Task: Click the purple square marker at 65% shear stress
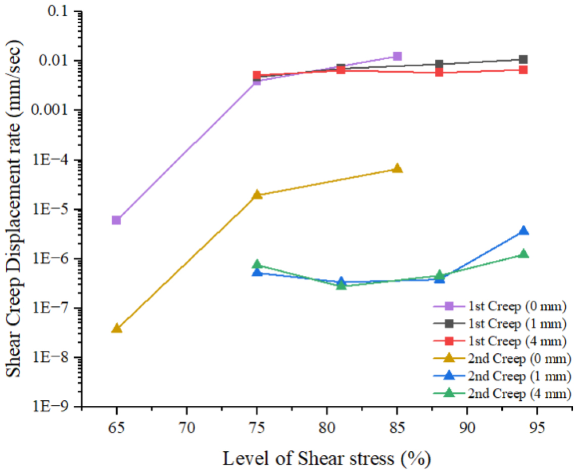click(x=116, y=220)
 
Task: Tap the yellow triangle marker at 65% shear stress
click(x=116, y=328)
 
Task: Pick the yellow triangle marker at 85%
click(x=397, y=168)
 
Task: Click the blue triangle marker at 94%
click(x=523, y=231)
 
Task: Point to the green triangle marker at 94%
click(x=523, y=254)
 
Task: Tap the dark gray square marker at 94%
click(x=523, y=60)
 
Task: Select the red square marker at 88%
click(x=439, y=72)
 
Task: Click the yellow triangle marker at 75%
click(x=257, y=195)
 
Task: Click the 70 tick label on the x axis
click(x=187, y=422)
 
